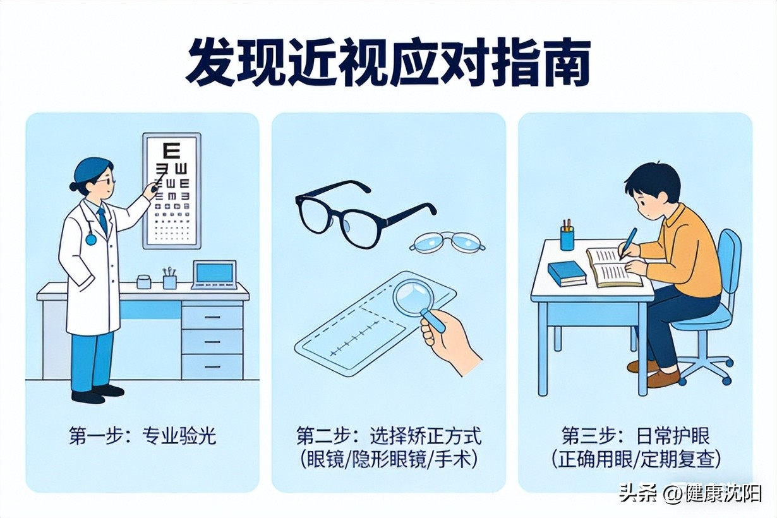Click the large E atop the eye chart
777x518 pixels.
pos(171,150)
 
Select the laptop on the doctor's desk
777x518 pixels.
pos(214,275)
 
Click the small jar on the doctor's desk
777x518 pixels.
pos(143,281)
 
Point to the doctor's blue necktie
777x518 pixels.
pos(102,220)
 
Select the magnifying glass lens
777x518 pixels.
pos(412,295)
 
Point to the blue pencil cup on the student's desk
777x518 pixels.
pos(567,238)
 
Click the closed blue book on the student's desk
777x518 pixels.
pos(567,274)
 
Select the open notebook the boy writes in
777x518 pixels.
pos(613,267)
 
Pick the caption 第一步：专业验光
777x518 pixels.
pos(143,436)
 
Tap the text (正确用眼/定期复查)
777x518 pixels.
pos(637,460)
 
